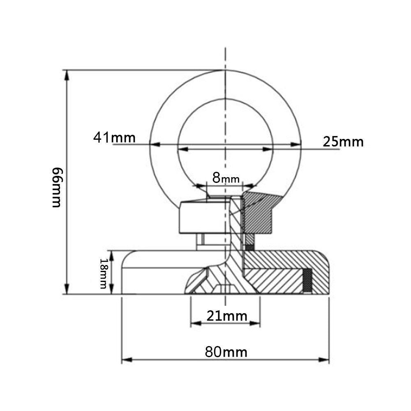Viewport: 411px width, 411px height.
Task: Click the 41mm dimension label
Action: pyautogui.click(x=114, y=137)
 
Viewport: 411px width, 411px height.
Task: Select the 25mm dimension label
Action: pyautogui.click(x=343, y=142)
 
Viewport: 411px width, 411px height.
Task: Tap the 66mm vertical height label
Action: pyautogui.click(x=57, y=187)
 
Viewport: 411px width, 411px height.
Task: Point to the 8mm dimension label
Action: pyautogui.click(x=226, y=178)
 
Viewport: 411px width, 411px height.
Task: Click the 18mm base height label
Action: pyautogui.click(x=104, y=273)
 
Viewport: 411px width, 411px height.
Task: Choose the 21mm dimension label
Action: pyautogui.click(x=227, y=316)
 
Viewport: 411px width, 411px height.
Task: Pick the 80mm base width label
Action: pyautogui.click(x=226, y=352)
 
